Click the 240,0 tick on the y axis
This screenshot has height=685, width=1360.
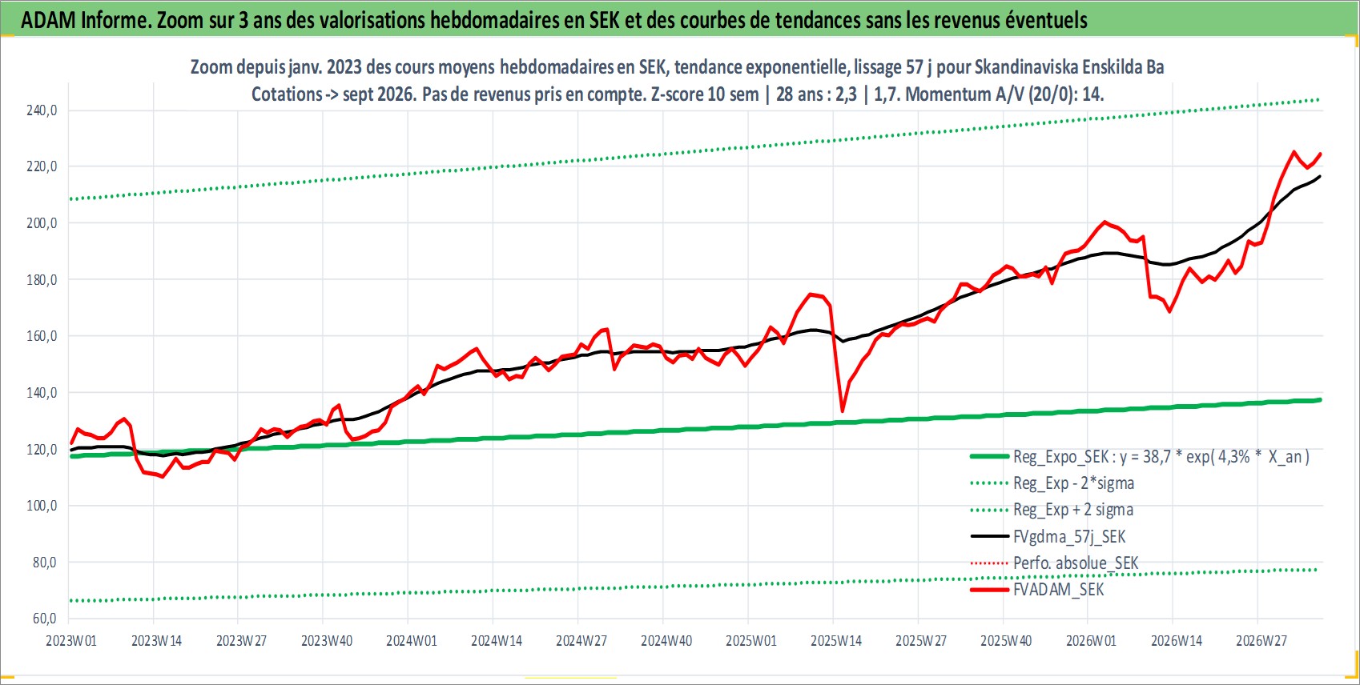tap(42, 110)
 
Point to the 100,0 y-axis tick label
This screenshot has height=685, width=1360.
tap(42, 506)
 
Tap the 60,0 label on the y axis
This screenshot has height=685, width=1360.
tap(44, 619)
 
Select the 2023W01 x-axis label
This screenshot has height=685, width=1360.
tap(71, 641)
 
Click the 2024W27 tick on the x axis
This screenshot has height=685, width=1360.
tap(581, 641)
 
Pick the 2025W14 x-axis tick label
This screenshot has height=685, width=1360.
tap(836, 641)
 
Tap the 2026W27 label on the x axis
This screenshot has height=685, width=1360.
tap(1261, 641)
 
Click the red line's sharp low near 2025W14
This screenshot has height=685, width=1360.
tap(842, 411)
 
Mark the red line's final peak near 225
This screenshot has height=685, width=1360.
tap(1294, 152)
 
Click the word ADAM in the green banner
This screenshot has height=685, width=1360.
tap(49, 21)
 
